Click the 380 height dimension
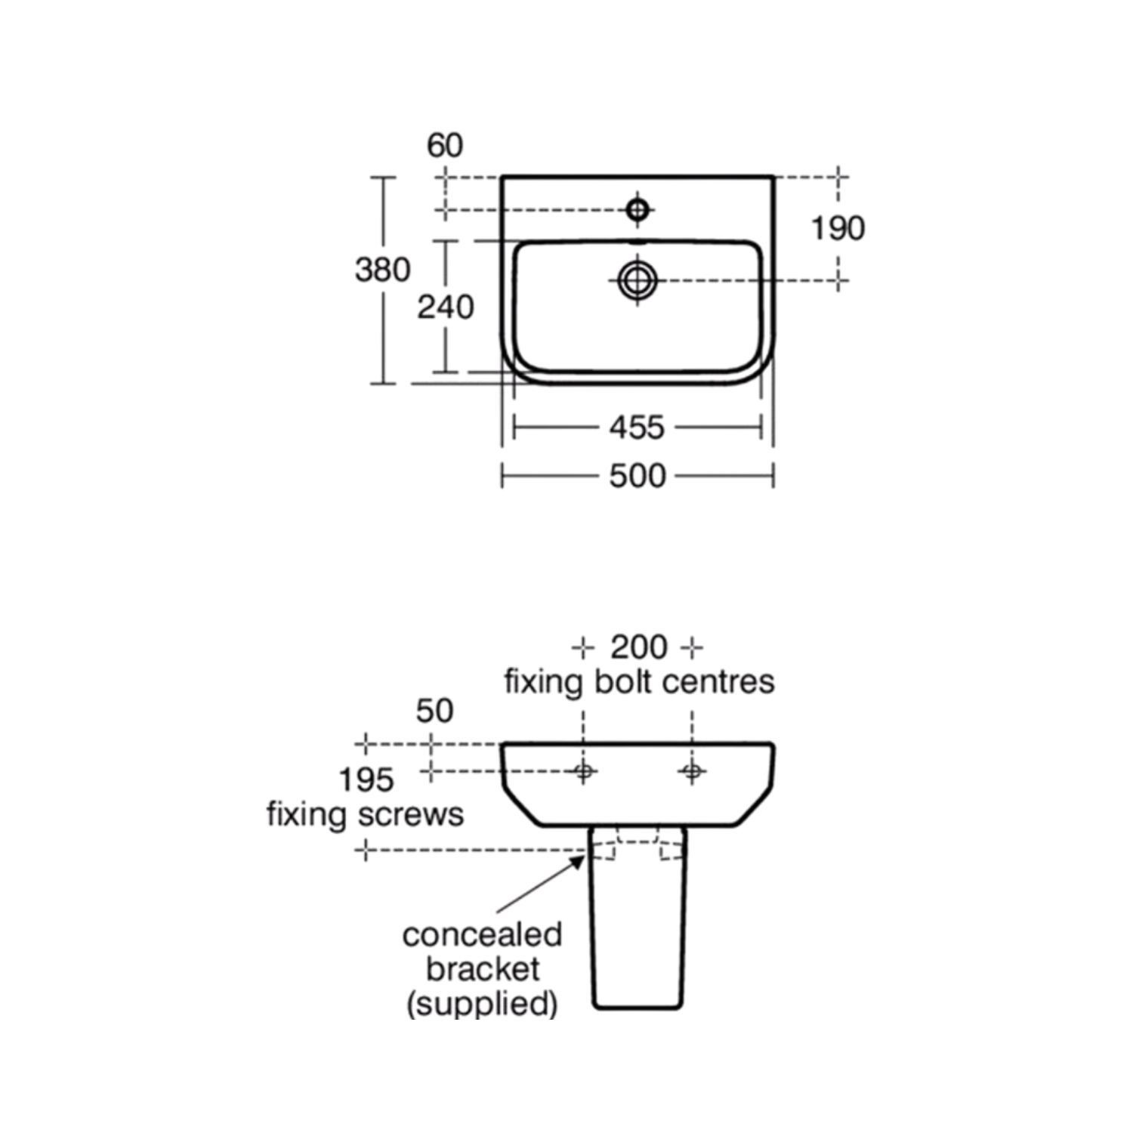tap(383, 270)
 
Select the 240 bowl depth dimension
tap(446, 307)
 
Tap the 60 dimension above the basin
tap(445, 145)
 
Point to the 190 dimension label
tap(838, 228)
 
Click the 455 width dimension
tap(637, 428)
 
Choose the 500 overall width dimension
tap(637, 476)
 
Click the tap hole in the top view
tap(638, 209)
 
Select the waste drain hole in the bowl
tap(638, 281)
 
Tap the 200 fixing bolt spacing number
tap(639, 647)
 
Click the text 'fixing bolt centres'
tap(639, 681)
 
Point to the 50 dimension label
tap(434, 711)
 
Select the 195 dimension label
tap(366, 780)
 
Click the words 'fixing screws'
tap(366, 814)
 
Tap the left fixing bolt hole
tap(583, 771)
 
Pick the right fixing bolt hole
tap(692, 771)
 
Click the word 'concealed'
tap(482, 935)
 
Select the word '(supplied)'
tap(482, 1004)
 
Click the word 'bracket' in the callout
tap(482, 969)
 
